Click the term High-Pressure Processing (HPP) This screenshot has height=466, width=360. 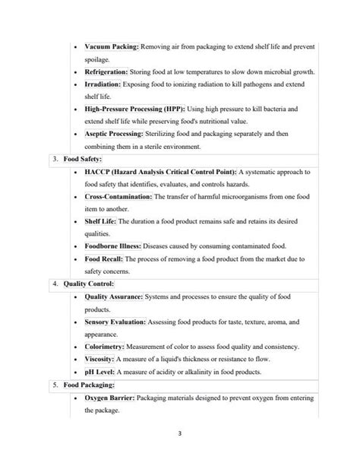point(137,109)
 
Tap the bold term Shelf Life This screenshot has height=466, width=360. point(100,221)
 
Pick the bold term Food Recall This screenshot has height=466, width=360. point(103,259)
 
